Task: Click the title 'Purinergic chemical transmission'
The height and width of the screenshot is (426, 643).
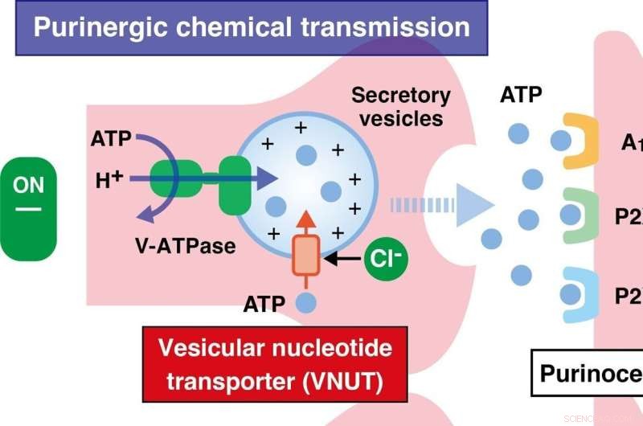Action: (x=252, y=27)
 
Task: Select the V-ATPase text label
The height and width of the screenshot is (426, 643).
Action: (x=186, y=245)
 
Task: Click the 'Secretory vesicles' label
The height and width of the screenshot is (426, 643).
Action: (x=401, y=107)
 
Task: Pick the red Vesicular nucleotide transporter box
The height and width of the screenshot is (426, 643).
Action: (x=275, y=363)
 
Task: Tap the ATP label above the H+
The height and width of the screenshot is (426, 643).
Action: (x=111, y=139)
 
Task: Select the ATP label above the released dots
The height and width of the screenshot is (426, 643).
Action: (x=521, y=96)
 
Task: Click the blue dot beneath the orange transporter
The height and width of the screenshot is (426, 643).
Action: (x=305, y=304)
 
